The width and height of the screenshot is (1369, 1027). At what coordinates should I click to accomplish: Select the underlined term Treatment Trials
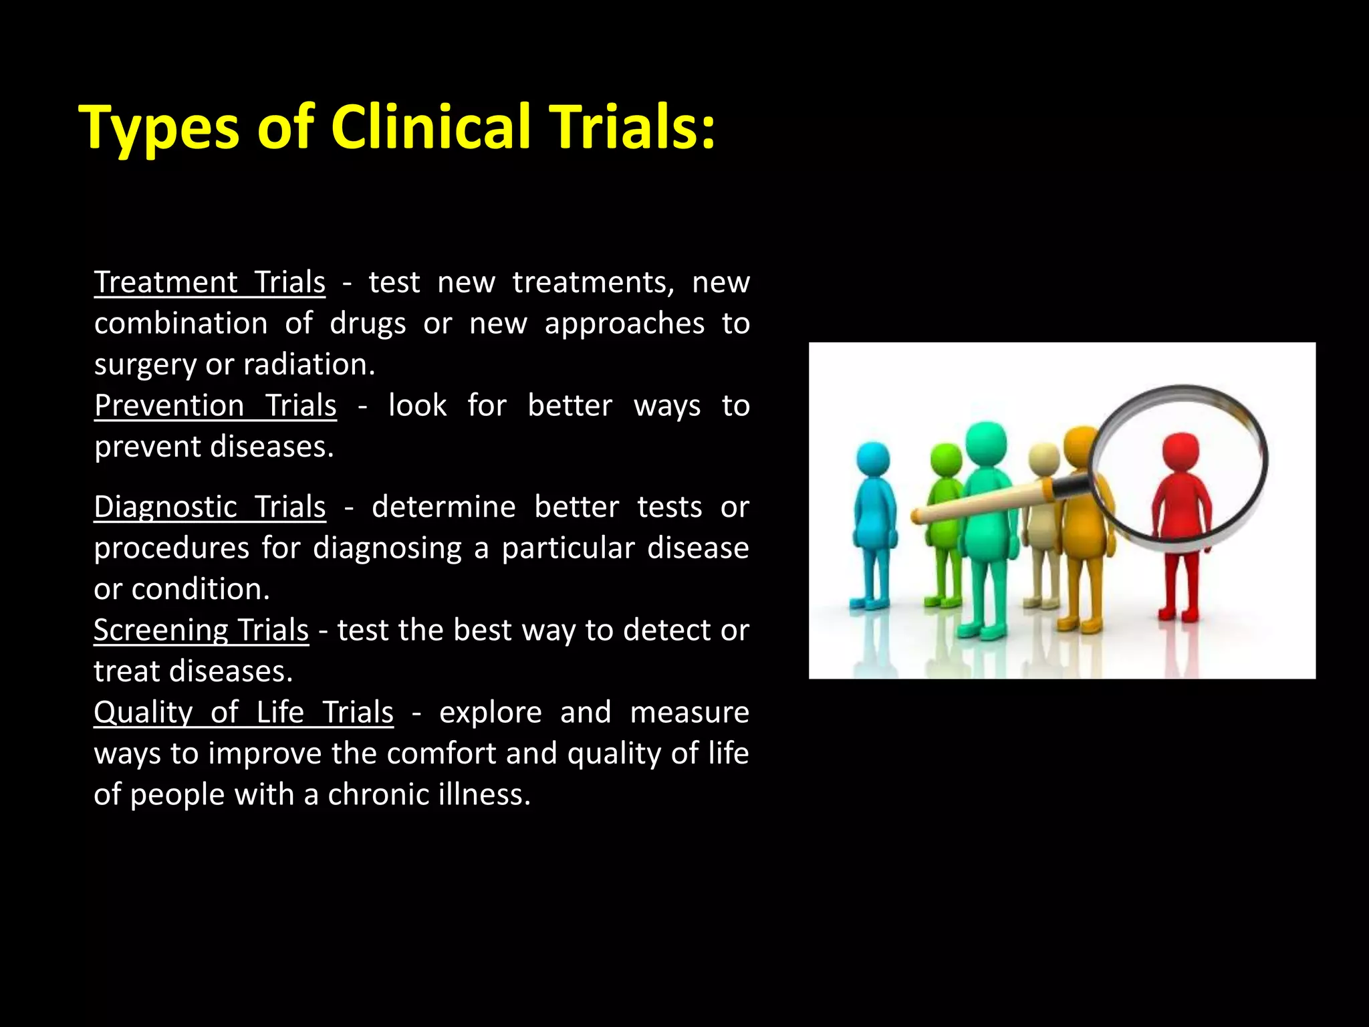210,282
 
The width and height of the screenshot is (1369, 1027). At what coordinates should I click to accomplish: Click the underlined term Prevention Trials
215,406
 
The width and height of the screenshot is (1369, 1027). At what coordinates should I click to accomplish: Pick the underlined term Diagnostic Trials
210,507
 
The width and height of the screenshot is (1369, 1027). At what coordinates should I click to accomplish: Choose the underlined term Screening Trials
201,631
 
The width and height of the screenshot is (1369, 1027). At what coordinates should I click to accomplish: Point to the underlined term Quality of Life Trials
243,713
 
